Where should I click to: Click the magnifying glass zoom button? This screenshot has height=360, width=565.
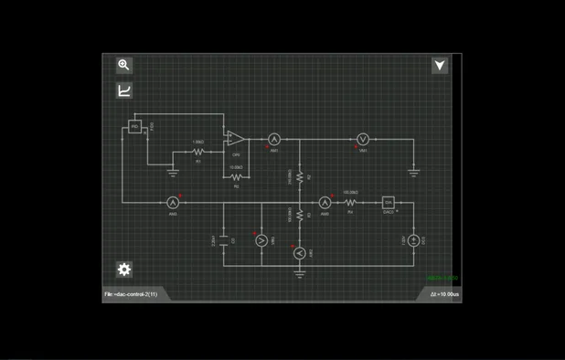(124, 65)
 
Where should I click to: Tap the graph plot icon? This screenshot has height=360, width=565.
(124, 90)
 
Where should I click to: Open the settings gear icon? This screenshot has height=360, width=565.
(124, 269)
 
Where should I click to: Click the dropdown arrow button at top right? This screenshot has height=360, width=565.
(440, 65)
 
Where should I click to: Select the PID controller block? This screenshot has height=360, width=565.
(134, 126)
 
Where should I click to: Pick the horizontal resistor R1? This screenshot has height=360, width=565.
(197, 153)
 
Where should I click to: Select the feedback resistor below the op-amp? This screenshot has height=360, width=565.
(236, 177)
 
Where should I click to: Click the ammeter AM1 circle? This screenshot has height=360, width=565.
(272, 140)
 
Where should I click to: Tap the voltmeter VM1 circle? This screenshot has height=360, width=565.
(362, 140)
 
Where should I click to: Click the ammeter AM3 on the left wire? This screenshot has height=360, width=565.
(172, 202)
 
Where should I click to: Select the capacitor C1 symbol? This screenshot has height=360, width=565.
(224, 239)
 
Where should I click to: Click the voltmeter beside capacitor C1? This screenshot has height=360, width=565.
(261, 239)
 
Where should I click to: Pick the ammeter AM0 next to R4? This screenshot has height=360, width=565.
(325, 202)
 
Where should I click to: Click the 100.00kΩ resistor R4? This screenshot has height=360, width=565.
(350, 202)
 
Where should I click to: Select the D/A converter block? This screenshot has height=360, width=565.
(388, 202)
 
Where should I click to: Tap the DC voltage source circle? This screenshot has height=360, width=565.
(413, 240)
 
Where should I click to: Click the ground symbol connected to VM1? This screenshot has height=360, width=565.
(413, 171)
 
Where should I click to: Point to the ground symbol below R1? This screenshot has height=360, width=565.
(173, 172)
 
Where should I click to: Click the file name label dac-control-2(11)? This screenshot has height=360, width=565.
(131, 294)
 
